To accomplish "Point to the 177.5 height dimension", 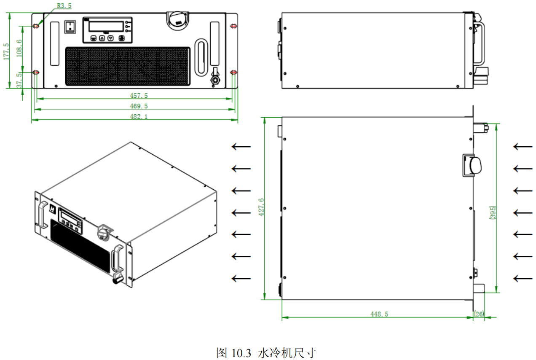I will pyautogui.click(x=6, y=51).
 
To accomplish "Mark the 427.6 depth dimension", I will pyautogui.click(x=261, y=208).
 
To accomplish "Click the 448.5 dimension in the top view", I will pyautogui.click(x=379, y=314).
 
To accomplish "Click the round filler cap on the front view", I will pyautogui.click(x=177, y=20).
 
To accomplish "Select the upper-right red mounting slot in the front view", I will pyautogui.click(x=233, y=26).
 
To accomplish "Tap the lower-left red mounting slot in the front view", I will pyautogui.click(x=36, y=73).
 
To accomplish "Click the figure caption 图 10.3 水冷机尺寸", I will pyautogui.click(x=266, y=352).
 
